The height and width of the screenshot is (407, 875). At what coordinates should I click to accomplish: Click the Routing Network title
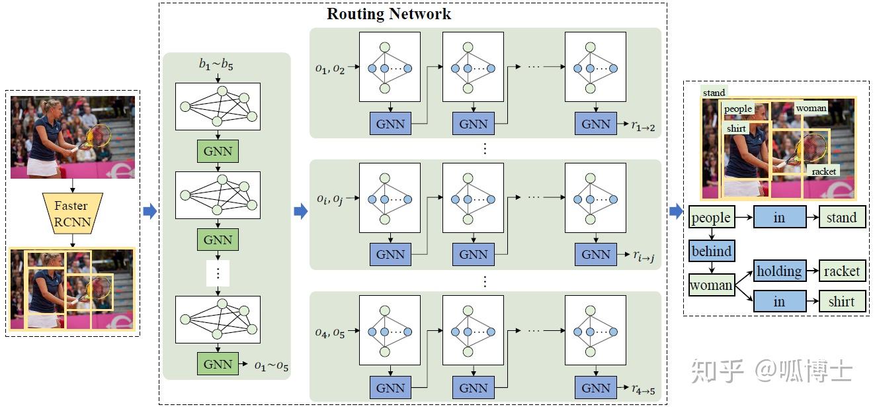(x=389, y=14)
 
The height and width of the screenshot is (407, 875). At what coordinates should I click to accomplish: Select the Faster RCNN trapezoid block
(x=71, y=213)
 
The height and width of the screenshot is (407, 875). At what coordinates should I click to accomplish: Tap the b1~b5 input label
(x=216, y=64)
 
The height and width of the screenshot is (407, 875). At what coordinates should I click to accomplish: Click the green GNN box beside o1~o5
(x=218, y=364)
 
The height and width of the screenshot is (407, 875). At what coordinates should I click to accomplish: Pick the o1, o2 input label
(x=330, y=68)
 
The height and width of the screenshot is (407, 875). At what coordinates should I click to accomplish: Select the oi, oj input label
(x=329, y=199)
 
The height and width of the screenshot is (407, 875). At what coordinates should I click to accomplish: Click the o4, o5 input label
(x=330, y=332)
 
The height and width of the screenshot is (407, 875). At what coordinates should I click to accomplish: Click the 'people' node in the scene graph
(x=711, y=218)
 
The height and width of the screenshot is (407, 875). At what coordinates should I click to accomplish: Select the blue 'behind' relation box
(x=712, y=251)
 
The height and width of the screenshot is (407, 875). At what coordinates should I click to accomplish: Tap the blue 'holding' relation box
(x=779, y=271)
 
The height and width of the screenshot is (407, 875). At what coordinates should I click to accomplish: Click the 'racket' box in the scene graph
(x=842, y=271)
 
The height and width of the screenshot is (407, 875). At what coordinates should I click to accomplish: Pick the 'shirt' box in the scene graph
(x=842, y=301)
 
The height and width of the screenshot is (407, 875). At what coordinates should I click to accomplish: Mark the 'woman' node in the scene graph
(x=712, y=285)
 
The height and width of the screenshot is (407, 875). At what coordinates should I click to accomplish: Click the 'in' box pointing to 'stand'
(x=779, y=218)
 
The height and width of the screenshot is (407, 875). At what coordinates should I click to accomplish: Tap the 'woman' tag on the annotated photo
(x=811, y=108)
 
